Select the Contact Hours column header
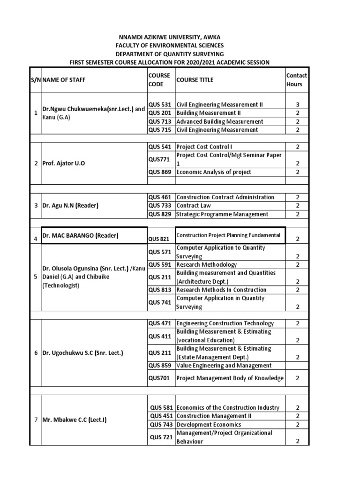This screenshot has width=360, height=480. coord(296,80)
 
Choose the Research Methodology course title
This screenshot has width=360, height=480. coord(207,264)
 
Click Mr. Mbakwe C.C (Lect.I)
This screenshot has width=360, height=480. coord(75,420)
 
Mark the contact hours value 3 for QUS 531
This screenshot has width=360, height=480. coord(298,105)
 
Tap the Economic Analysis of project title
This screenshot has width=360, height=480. coord(214,172)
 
